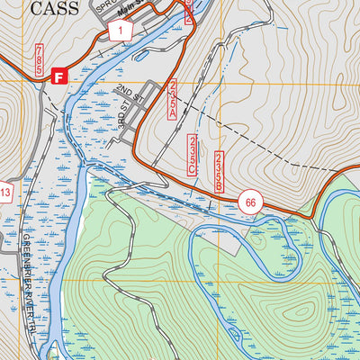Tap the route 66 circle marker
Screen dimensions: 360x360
(251, 202)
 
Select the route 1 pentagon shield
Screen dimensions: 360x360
(120, 30)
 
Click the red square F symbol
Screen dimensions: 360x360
(60, 77)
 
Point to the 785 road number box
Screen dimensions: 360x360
(40, 59)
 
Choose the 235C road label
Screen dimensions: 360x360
(193, 155)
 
